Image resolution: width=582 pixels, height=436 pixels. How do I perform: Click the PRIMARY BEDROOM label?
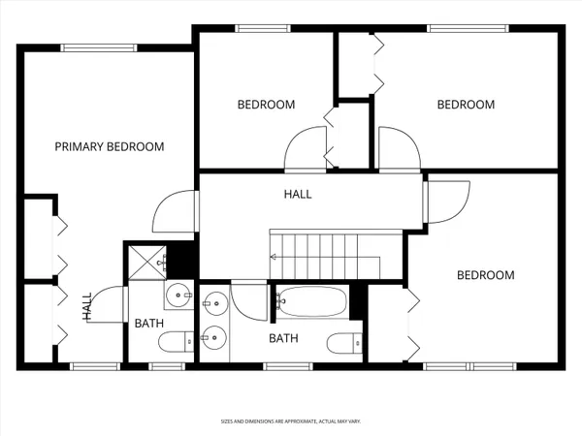click(x=109, y=146)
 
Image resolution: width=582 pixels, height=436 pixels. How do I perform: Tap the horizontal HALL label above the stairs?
click(x=298, y=194)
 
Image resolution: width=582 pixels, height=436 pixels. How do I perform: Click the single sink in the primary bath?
click(x=178, y=295)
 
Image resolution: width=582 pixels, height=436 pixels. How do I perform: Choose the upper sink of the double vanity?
click(x=215, y=302)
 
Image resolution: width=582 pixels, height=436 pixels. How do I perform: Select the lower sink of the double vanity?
click(x=215, y=337)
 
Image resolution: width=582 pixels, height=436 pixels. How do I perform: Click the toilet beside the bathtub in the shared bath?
click(x=343, y=342)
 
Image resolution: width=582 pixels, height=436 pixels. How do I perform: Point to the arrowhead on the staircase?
click(x=275, y=257)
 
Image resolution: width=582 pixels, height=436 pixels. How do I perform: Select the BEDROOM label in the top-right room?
click(x=466, y=105)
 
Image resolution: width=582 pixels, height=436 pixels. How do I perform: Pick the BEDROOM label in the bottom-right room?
click(x=485, y=275)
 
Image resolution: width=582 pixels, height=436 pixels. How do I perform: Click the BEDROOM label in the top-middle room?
click(x=266, y=105)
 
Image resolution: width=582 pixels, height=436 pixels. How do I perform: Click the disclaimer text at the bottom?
click(x=291, y=421)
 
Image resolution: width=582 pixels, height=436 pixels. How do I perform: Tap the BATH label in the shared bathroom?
click(x=283, y=338)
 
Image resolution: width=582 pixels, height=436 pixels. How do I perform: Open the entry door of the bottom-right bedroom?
click(x=446, y=202)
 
